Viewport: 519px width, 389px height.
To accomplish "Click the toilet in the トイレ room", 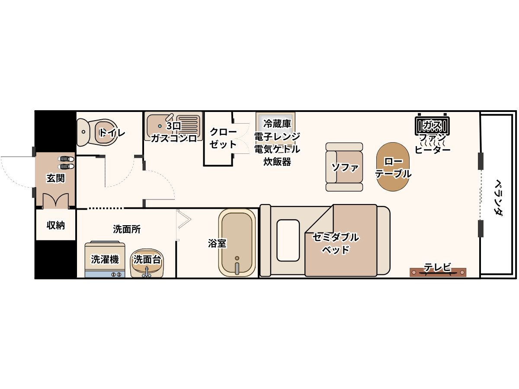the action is tap(97, 133).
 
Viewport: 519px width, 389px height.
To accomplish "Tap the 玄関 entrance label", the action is tap(55, 179).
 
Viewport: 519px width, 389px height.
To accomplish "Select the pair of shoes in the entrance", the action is tap(66, 163).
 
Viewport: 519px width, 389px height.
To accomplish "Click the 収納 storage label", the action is tap(55, 225).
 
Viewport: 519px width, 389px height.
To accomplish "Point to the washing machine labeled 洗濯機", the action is tap(105, 259).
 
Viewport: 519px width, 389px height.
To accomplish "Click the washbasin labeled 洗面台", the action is tap(147, 263).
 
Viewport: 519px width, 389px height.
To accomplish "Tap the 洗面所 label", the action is tap(127, 229).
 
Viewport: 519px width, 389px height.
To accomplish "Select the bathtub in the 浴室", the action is tap(237, 242).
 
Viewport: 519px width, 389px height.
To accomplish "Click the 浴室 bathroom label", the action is tap(217, 243).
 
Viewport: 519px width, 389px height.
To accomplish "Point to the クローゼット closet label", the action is tap(223, 138).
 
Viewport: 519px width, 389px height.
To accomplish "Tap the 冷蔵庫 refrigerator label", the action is tap(277, 124).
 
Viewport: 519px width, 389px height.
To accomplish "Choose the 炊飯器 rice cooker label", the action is tap(277, 162).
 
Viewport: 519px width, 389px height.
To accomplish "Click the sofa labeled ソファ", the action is tap(344, 167).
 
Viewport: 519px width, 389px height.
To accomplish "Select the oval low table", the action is tap(393, 167).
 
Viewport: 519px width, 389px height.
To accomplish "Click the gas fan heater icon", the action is tap(432, 126).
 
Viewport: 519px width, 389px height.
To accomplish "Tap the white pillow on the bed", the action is tap(288, 240).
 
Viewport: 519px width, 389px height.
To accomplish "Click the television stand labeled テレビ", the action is tap(438, 272).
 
